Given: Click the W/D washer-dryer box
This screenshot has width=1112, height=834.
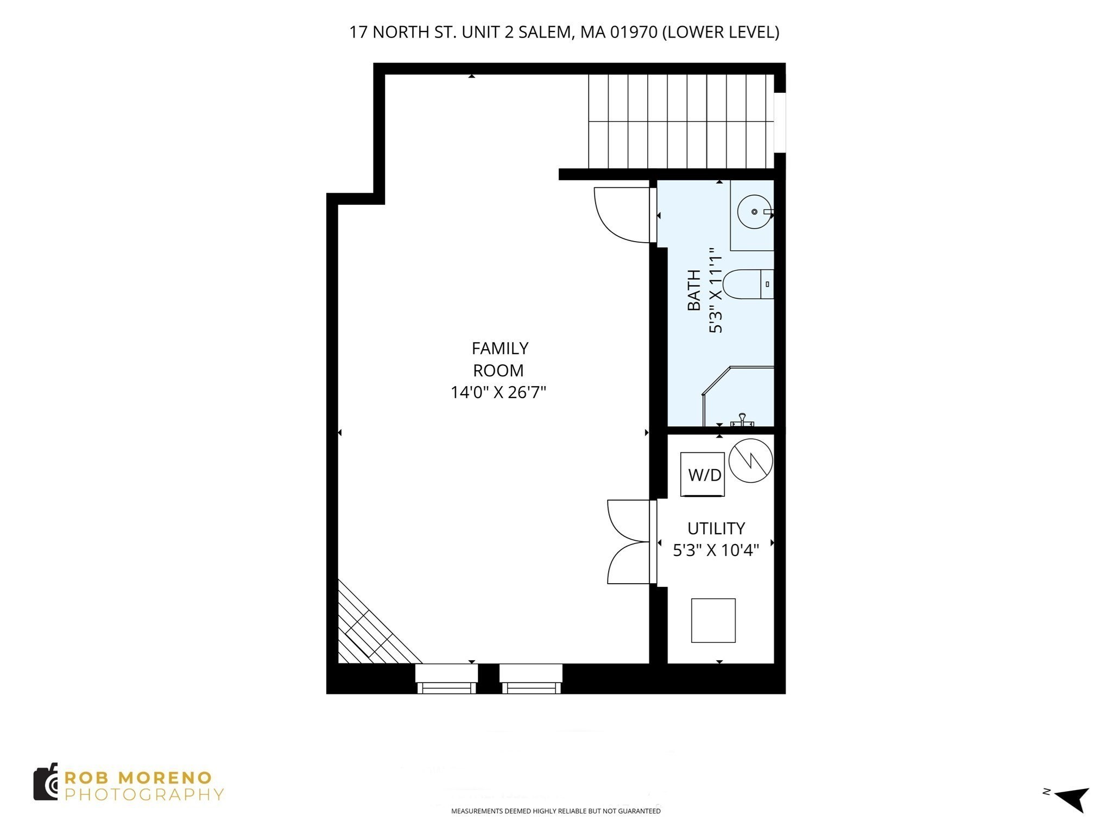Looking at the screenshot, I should (x=703, y=474).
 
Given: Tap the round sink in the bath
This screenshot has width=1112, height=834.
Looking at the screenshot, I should (x=754, y=212).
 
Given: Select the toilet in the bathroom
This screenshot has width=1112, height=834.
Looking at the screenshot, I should (x=747, y=284).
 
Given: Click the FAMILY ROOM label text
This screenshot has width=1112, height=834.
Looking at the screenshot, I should (x=499, y=359).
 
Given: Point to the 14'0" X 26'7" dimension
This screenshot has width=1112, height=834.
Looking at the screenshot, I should (x=498, y=392).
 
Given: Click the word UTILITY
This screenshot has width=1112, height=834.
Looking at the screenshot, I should (x=716, y=528).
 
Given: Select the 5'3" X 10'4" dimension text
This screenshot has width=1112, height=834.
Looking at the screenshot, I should (x=716, y=551).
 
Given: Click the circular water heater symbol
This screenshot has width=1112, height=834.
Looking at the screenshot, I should (x=750, y=460).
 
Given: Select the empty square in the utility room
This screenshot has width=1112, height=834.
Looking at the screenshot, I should (x=713, y=621).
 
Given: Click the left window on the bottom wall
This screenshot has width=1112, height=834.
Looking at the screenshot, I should (x=446, y=679).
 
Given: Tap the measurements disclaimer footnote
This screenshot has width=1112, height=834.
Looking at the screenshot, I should (x=555, y=811).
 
